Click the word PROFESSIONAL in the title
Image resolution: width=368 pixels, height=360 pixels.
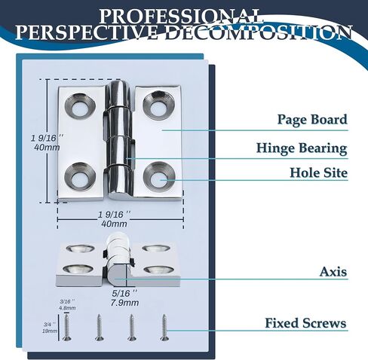180,17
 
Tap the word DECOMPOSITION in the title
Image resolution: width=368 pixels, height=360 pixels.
259,32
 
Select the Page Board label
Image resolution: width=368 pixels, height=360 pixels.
312,119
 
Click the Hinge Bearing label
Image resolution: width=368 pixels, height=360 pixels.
302,148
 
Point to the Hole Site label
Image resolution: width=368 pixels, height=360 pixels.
319,172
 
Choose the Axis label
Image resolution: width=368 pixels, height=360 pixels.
333,272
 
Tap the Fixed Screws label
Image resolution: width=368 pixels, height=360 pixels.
305,323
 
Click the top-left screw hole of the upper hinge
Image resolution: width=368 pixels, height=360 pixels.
81,106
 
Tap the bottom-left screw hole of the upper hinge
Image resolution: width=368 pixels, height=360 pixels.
80,176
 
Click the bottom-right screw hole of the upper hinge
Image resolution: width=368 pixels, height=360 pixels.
159,177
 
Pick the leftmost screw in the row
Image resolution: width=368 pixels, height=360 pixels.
67,328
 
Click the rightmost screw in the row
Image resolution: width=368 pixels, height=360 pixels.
164,328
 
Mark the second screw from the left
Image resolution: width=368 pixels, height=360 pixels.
100,328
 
